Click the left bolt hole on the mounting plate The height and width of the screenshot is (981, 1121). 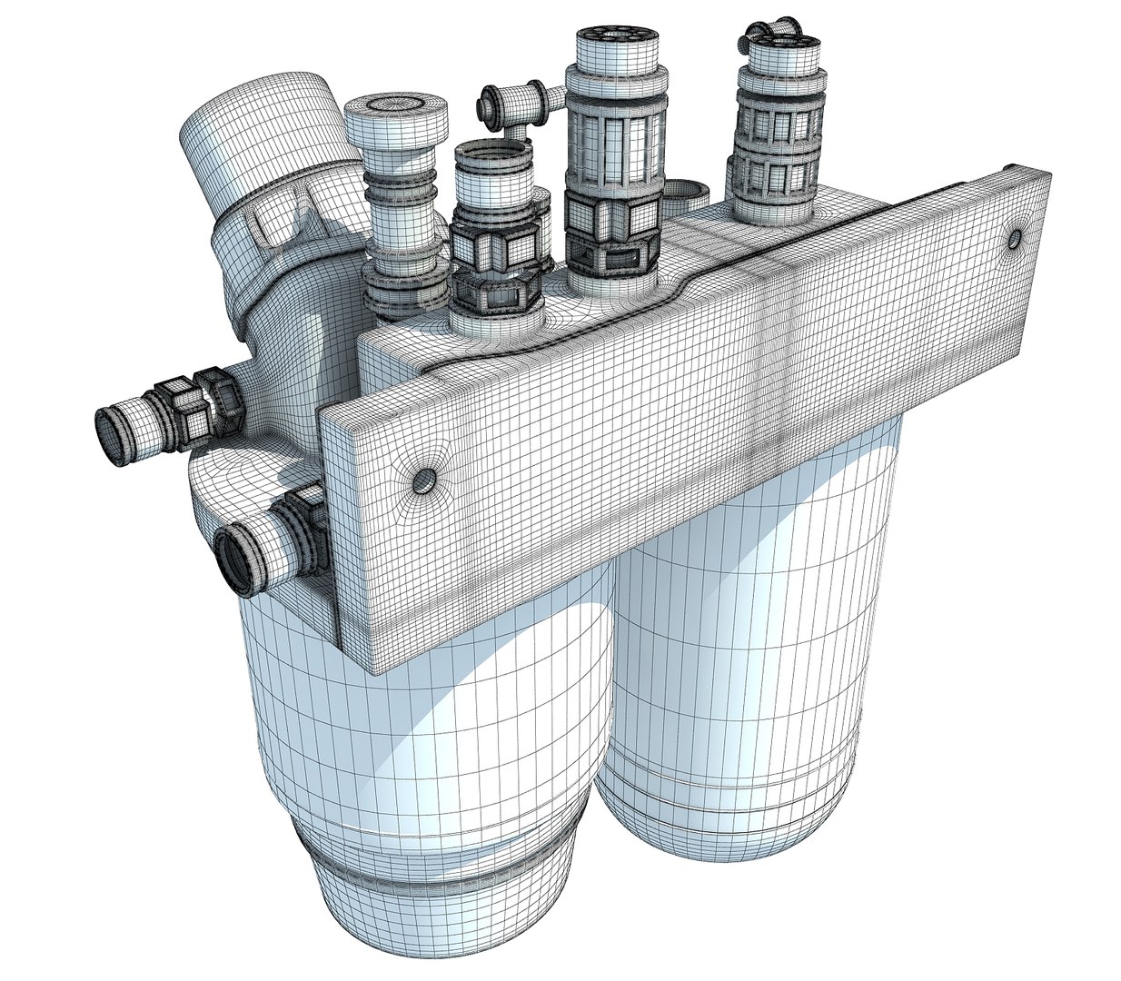[422, 479]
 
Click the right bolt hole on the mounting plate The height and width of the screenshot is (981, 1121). [1015, 239]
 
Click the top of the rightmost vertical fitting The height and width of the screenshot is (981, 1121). [779, 41]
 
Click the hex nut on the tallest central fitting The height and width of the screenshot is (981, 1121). [610, 227]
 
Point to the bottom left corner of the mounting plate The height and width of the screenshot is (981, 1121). [372, 668]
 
